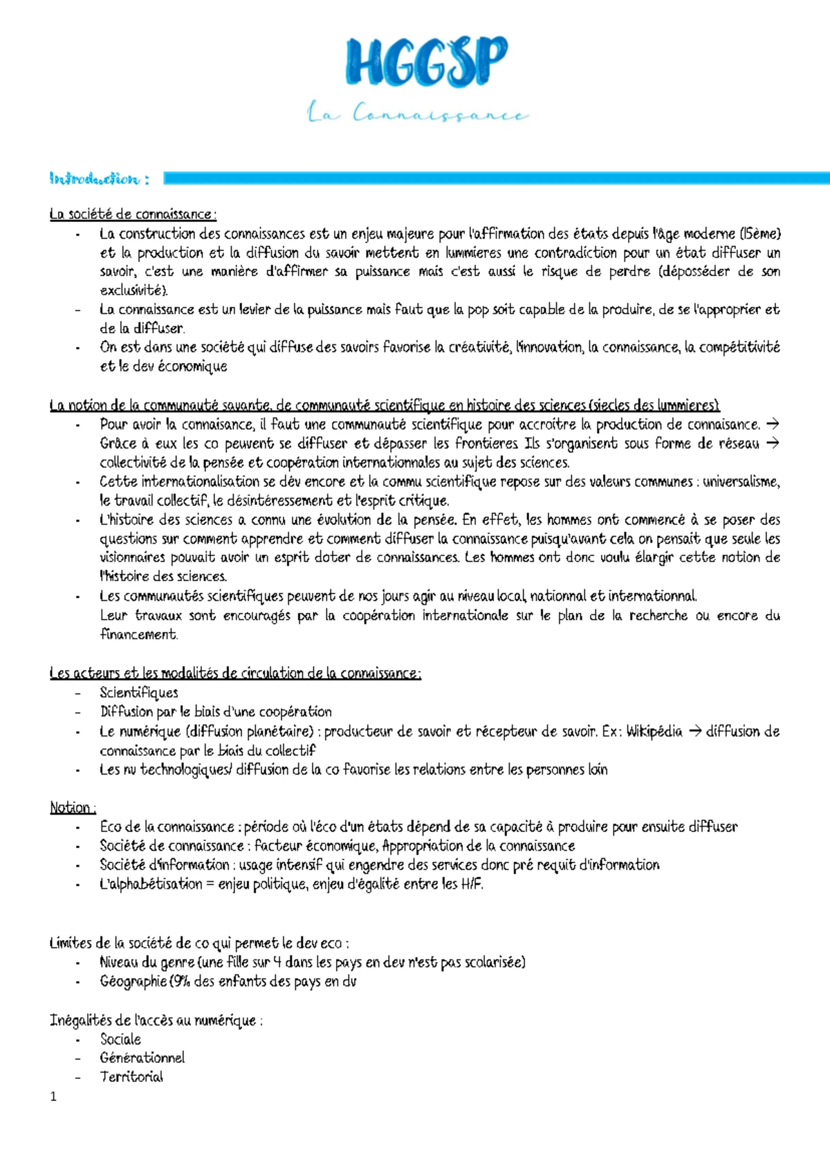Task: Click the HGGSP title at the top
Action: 426,62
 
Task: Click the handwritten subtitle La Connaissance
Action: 418,113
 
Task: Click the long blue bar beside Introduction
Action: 495,178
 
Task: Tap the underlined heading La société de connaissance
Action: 133,214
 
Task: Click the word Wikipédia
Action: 654,731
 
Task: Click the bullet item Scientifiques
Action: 139,692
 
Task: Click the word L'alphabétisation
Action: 151,883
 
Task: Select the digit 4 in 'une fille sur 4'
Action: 277,962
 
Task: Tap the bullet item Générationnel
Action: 142,1057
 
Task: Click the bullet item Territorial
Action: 131,1076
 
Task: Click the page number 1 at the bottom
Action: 54,1096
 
